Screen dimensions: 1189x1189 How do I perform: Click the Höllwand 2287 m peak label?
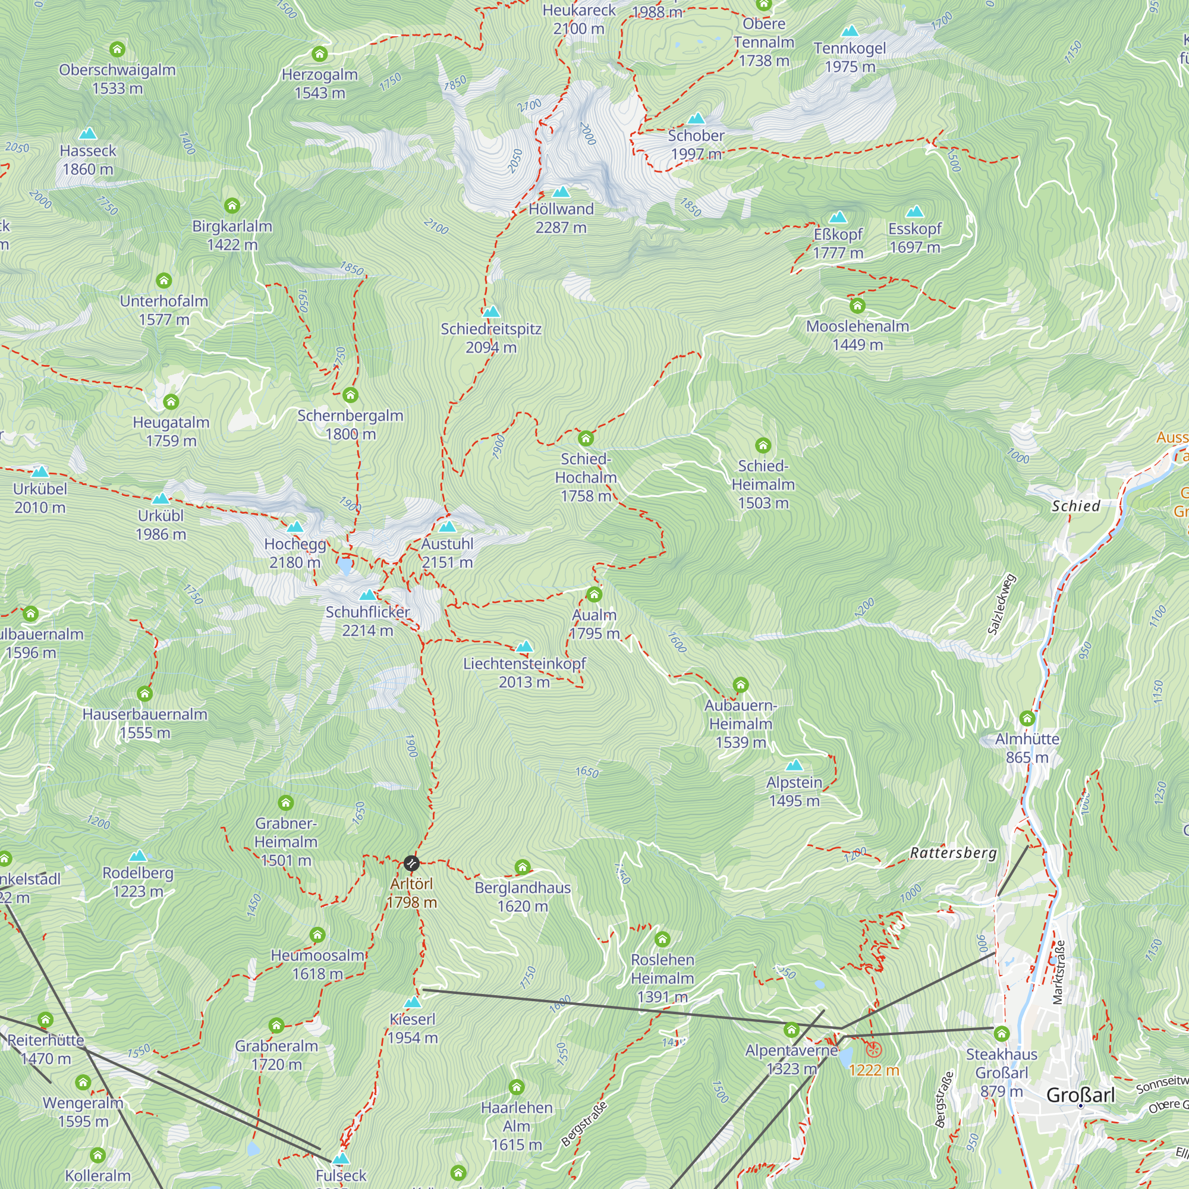[x=561, y=218]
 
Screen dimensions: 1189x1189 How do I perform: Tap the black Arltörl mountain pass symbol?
[x=411, y=863]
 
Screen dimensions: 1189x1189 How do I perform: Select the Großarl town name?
[x=1080, y=1096]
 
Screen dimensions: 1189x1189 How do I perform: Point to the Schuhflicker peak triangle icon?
[x=367, y=595]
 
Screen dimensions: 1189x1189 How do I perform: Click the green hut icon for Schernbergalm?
[x=350, y=395]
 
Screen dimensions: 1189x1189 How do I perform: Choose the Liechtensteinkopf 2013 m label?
[x=524, y=672]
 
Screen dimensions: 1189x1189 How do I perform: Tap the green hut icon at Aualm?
[x=594, y=594]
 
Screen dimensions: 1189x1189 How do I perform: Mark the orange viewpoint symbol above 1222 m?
[x=874, y=1050]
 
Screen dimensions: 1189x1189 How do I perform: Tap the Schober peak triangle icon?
[x=696, y=119]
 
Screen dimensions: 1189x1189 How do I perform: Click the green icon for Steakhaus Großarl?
[x=1001, y=1034]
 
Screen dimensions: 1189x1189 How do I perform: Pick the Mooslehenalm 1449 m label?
[x=857, y=335]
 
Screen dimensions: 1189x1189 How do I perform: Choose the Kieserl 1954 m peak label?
[x=413, y=1028]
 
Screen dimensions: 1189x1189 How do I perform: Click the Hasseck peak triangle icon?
[x=88, y=134]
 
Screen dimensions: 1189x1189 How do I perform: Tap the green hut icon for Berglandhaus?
[x=523, y=867]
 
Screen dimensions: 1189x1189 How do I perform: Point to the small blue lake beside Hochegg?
[x=345, y=565]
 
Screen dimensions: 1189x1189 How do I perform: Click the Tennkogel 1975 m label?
[x=850, y=57]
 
